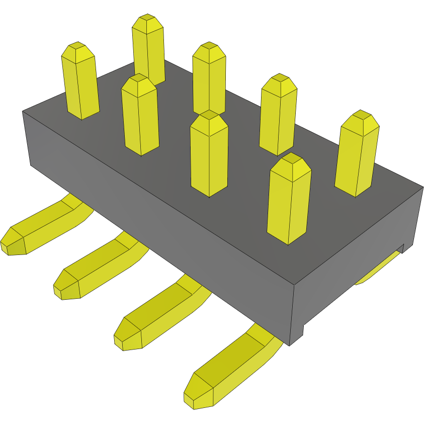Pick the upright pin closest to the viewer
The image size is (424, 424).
(288, 201)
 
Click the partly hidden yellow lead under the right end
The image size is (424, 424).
(377, 269)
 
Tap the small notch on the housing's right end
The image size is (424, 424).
(401, 247)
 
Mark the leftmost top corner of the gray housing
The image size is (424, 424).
(23, 111)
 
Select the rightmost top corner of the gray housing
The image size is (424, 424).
(421, 188)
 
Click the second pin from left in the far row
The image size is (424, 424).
(148, 50)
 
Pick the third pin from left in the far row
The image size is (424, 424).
(209, 80)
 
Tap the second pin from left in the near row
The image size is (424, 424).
(140, 116)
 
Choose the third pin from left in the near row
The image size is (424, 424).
(209, 156)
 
